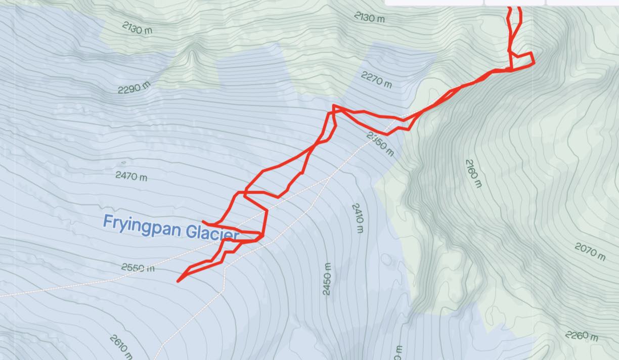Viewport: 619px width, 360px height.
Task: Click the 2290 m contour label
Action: click(x=135, y=87)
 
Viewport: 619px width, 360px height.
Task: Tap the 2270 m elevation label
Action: click(x=376, y=79)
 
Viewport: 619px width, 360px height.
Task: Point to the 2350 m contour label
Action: click(x=380, y=144)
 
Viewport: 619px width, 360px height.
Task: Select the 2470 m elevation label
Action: click(x=131, y=176)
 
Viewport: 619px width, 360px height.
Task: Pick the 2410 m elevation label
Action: click(x=358, y=218)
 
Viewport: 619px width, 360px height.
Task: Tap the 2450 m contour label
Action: click(x=327, y=280)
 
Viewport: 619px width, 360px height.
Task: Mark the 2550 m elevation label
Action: click(x=138, y=267)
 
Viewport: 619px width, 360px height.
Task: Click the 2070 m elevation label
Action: click(x=590, y=251)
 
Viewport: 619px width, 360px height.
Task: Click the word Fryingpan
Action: click(x=142, y=226)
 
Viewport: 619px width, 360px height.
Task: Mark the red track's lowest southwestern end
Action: click(x=178, y=281)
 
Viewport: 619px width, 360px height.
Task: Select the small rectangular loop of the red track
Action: click(x=521, y=59)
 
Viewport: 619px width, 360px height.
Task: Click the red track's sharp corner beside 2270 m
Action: click(x=334, y=106)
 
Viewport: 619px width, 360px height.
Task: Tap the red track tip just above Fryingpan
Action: click(x=203, y=221)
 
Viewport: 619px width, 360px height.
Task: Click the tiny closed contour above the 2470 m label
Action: click(x=123, y=163)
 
